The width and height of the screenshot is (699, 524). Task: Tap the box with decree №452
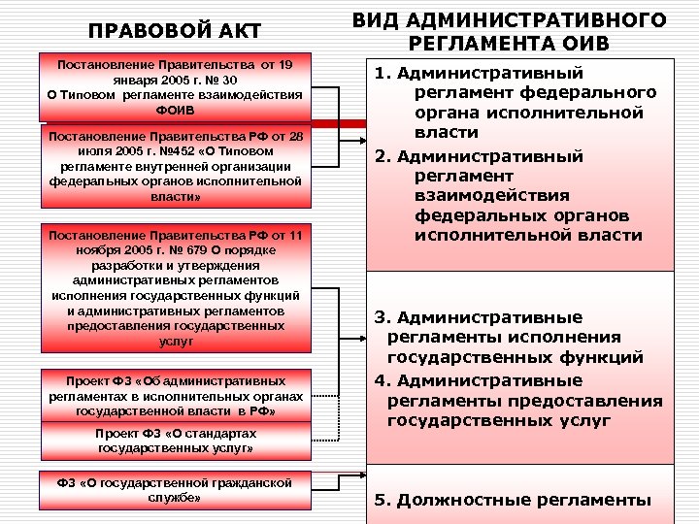pyautogui.click(x=175, y=167)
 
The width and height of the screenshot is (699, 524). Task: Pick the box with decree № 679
pyautogui.click(x=175, y=287)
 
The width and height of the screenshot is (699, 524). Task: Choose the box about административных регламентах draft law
pyautogui.click(x=175, y=396)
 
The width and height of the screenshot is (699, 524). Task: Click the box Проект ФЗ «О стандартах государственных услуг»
pyautogui.click(x=175, y=442)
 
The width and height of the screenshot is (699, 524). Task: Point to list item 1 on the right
pyautogui.click(x=524, y=102)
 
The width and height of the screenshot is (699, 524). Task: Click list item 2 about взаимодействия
pyautogui.click(x=524, y=194)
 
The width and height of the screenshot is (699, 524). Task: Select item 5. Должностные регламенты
pyautogui.click(x=513, y=500)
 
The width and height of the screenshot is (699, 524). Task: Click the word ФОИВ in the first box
pyautogui.click(x=175, y=110)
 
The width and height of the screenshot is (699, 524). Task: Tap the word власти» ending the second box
pyautogui.click(x=175, y=195)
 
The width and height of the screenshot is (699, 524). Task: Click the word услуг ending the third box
pyautogui.click(x=175, y=342)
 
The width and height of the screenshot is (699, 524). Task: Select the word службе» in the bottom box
pyautogui.click(x=175, y=497)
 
